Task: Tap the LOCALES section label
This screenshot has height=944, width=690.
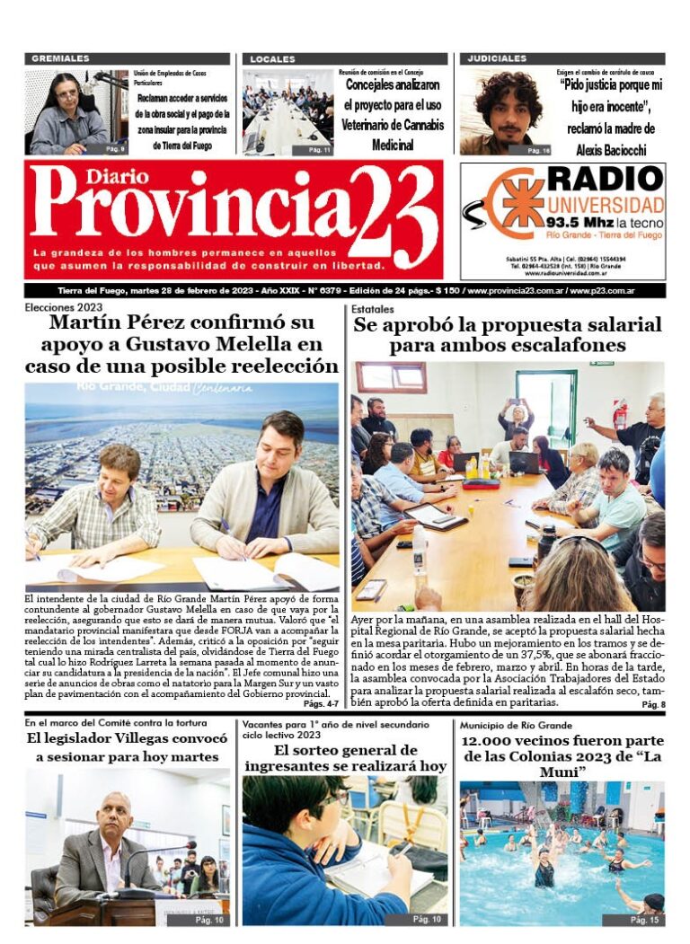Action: pyautogui.click(x=272, y=58)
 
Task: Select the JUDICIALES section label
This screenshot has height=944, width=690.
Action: pyautogui.click(x=496, y=58)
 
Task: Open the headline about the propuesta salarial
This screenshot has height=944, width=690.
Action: pyautogui.click(x=507, y=334)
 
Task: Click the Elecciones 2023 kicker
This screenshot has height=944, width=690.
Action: pyautogui.click(x=63, y=308)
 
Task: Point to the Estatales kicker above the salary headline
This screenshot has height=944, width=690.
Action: pyautogui.click(x=372, y=308)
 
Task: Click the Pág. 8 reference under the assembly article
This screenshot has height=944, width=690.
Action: pyautogui.click(x=653, y=705)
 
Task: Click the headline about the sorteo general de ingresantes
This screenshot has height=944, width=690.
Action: pyautogui.click(x=345, y=757)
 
